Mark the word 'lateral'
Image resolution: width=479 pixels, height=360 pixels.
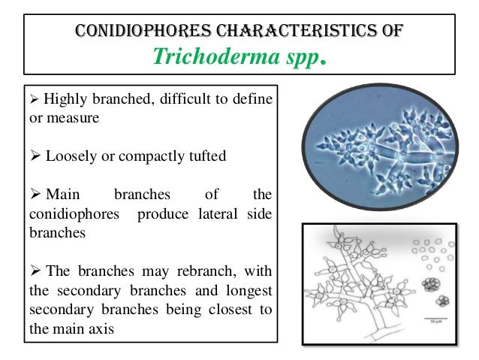217,214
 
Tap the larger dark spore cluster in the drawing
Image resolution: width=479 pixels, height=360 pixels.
431,286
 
